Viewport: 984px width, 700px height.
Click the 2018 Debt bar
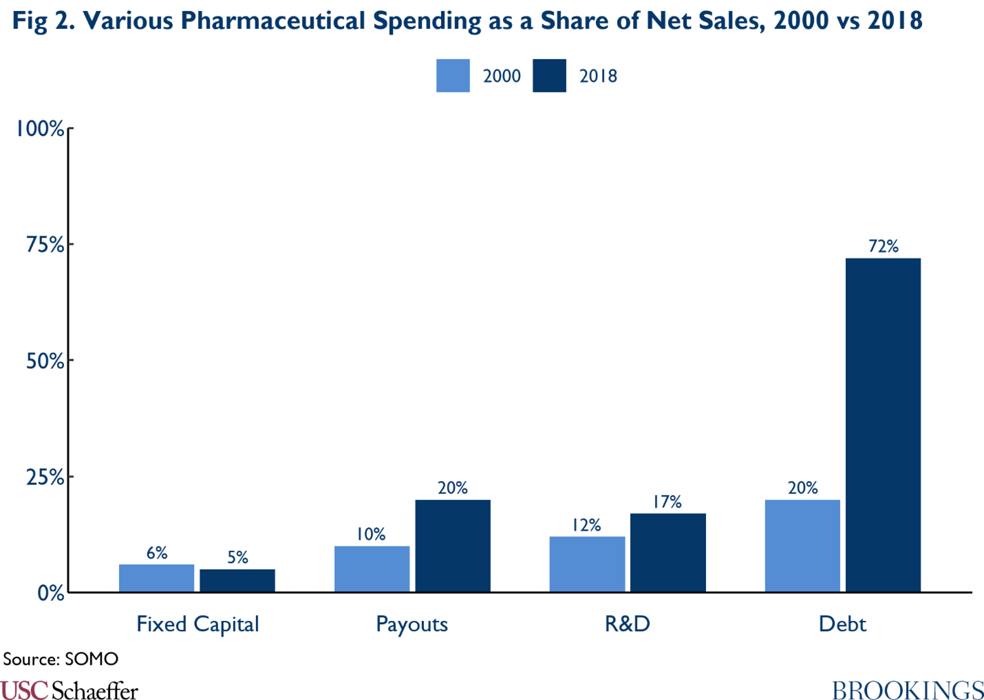click(x=883, y=425)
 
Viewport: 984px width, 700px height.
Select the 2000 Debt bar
click(x=802, y=545)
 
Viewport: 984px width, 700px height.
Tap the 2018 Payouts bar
click(x=453, y=545)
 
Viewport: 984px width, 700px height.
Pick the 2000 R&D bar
click(x=587, y=564)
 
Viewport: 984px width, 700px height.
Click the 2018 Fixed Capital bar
click(x=237, y=580)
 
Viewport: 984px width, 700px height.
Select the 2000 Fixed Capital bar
click(x=156, y=578)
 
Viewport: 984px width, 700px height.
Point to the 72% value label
click(x=884, y=246)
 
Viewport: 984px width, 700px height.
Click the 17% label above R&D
click(x=667, y=502)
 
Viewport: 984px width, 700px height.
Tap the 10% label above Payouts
click(x=371, y=535)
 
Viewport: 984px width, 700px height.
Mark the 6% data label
click(x=157, y=553)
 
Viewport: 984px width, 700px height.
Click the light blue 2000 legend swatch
click(x=453, y=76)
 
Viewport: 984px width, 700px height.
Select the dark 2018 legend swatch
click(x=549, y=76)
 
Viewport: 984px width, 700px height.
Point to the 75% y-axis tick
click(x=45, y=244)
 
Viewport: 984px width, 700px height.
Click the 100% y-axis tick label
click(x=40, y=129)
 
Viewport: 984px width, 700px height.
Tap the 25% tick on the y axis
click(x=45, y=477)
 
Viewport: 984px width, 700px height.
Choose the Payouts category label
click(x=411, y=624)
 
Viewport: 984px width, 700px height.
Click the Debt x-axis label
click(x=842, y=624)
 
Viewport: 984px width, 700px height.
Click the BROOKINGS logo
click(x=908, y=690)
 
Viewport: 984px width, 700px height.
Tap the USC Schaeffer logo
click(x=69, y=690)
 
